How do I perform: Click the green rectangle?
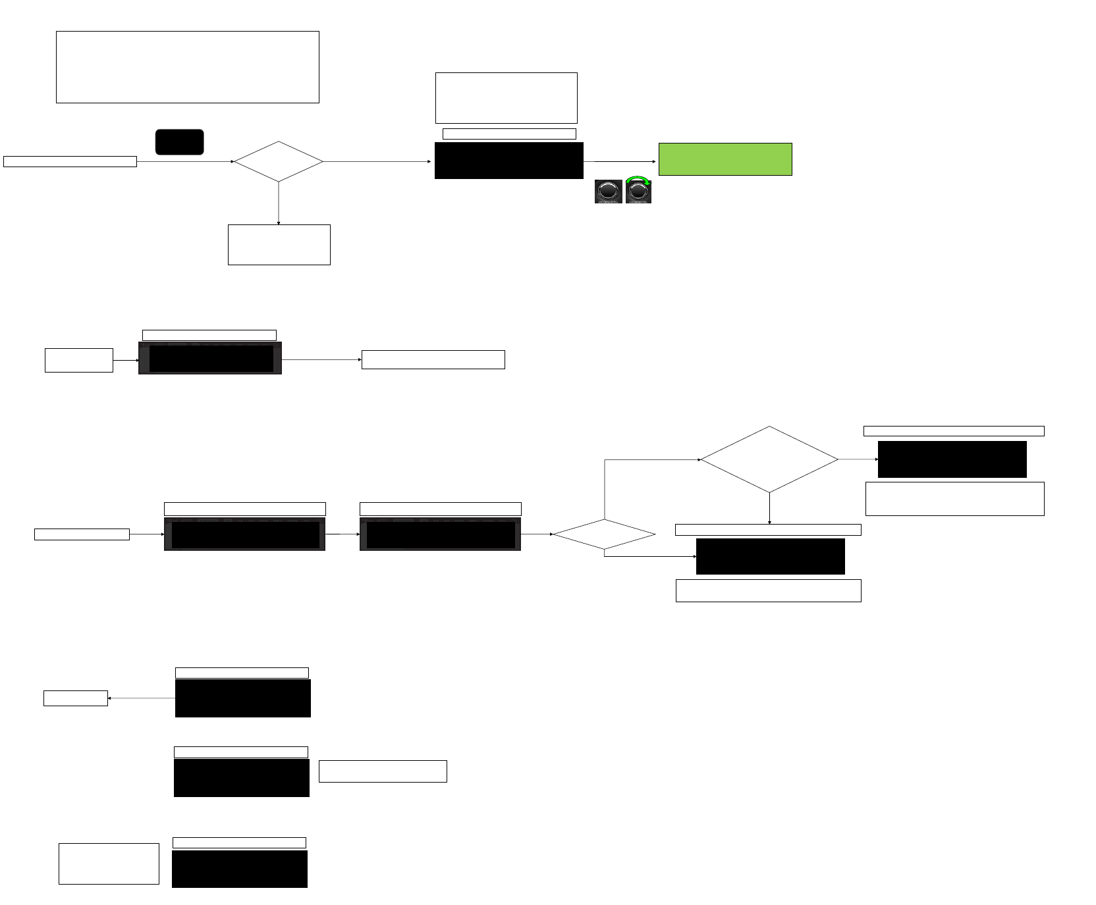click(725, 159)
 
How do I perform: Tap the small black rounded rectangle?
click(179, 142)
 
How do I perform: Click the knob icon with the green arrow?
click(638, 192)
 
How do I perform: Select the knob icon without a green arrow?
click(608, 192)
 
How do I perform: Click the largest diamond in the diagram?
click(769, 459)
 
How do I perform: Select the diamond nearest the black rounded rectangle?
click(279, 161)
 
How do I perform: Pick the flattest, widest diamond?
click(604, 534)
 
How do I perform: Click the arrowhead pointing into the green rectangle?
click(654, 161)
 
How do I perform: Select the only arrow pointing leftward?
click(141, 698)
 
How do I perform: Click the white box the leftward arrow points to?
click(76, 698)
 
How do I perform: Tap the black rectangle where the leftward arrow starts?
click(242, 698)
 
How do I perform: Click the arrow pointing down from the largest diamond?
click(769, 508)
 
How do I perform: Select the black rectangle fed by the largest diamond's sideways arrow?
click(952, 459)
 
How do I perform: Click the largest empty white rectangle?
click(188, 67)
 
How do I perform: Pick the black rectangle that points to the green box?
click(508, 161)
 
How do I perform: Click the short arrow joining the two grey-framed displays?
click(342, 534)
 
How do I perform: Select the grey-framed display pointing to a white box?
click(210, 359)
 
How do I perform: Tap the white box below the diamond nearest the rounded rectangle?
click(279, 245)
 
